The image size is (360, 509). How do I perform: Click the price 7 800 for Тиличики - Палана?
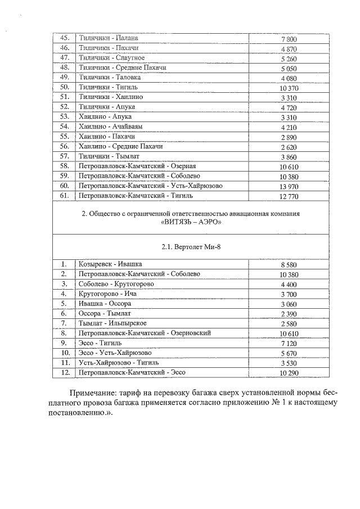(288, 39)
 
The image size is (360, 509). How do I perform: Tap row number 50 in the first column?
(64, 87)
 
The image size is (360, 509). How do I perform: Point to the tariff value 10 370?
(288, 88)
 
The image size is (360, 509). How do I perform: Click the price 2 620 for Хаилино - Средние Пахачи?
(288, 147)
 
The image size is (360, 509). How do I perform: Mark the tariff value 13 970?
(288, 186)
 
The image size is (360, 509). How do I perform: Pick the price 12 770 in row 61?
(288, 196)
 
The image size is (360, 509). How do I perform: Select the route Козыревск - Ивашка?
(110, 264)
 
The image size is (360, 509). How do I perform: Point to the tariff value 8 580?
(288, 264)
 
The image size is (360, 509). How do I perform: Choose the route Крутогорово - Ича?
(107, 294)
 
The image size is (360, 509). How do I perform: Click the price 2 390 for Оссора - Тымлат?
(288, 313)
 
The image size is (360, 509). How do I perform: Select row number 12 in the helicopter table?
(64, 372)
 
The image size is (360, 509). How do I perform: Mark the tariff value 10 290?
(288, 372)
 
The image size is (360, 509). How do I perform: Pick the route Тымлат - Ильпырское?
(112, 323)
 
